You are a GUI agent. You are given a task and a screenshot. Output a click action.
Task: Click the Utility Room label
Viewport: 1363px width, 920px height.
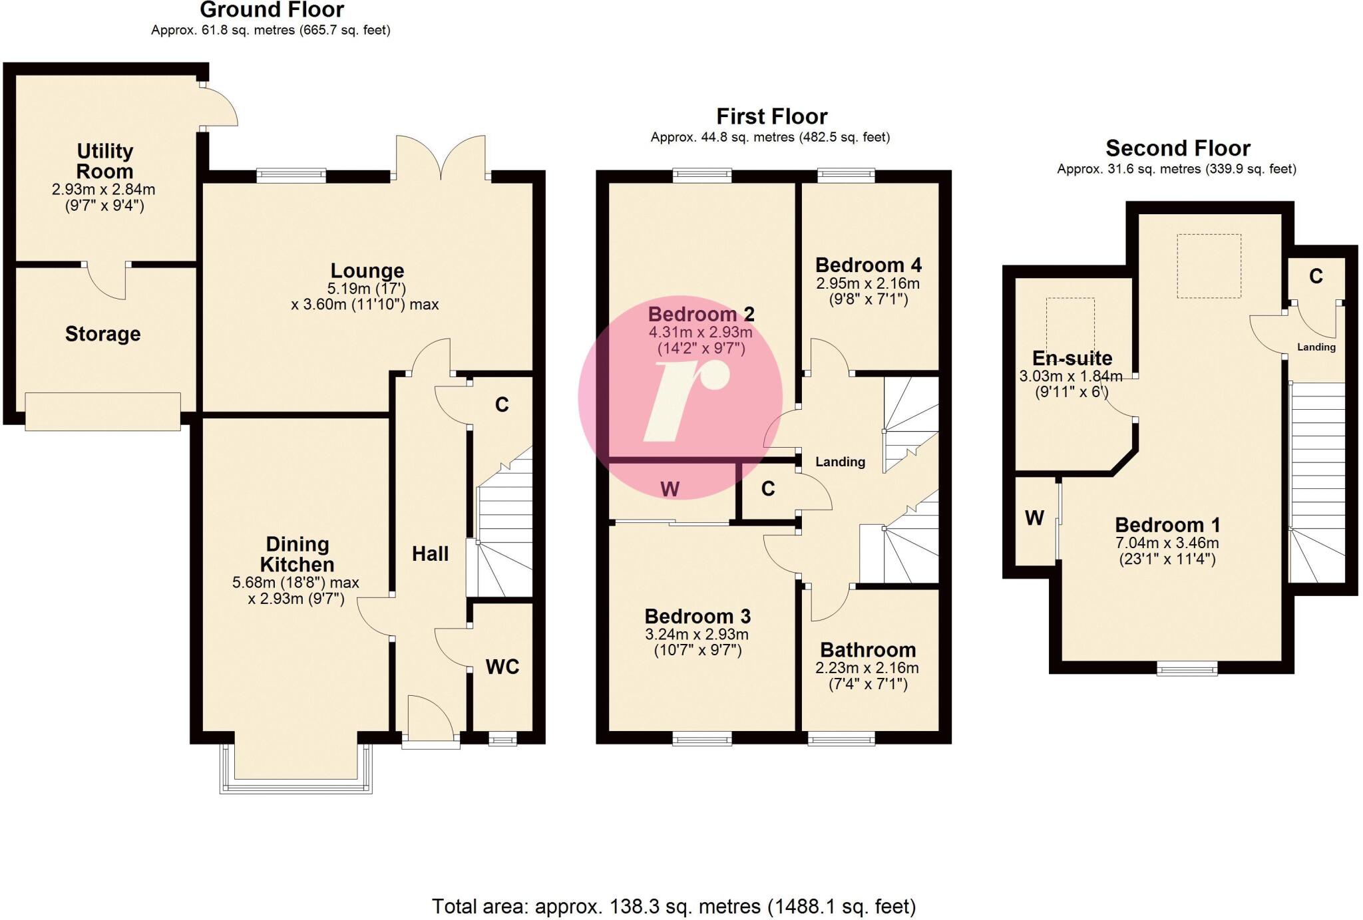pos(104,161)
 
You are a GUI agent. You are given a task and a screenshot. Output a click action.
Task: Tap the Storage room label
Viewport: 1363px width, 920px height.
pos(102,334)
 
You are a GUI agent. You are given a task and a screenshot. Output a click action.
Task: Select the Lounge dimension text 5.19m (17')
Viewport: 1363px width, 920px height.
pos(366,289)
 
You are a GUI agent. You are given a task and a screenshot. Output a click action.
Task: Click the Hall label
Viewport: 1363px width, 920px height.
pos(430,553)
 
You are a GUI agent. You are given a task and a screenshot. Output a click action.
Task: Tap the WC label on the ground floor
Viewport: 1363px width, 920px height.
pos(502,667)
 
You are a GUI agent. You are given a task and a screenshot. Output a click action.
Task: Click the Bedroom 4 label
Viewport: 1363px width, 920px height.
pos(868,265)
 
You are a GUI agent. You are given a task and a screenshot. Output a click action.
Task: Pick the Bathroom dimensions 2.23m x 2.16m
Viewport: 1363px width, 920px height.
pos(867,668)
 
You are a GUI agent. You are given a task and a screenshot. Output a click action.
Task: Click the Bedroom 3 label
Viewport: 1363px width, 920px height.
pos(697,616)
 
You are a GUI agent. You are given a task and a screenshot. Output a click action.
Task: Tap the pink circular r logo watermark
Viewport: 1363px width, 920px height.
pos(680,398)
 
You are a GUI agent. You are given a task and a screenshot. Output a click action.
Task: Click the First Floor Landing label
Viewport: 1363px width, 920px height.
pos(840,462)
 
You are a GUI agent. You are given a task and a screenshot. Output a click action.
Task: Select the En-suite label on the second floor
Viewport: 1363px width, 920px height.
pos(1071,359)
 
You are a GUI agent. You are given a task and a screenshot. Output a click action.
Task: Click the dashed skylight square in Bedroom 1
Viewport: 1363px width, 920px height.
pos(1209,266)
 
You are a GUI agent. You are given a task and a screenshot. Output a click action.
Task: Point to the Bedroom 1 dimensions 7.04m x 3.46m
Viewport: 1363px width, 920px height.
pos(1167,543)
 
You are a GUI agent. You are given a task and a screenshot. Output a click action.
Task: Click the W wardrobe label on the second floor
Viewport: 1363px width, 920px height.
pos(1034,518)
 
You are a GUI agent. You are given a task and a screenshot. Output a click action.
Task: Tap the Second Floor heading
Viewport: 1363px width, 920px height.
pos(1177,148)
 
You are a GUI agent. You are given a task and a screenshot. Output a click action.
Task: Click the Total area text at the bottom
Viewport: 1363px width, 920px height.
pos(674,906)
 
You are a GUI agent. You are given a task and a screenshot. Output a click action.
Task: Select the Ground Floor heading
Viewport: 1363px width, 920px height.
pos(272,10)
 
